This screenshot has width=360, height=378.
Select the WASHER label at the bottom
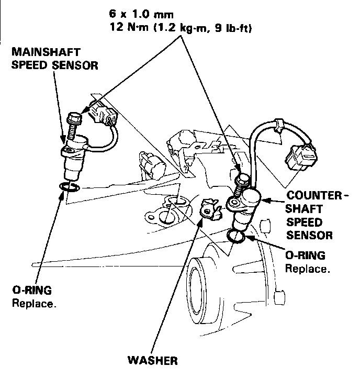point(153,361)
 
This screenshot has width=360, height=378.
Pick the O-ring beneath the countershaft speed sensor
point(238,237)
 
